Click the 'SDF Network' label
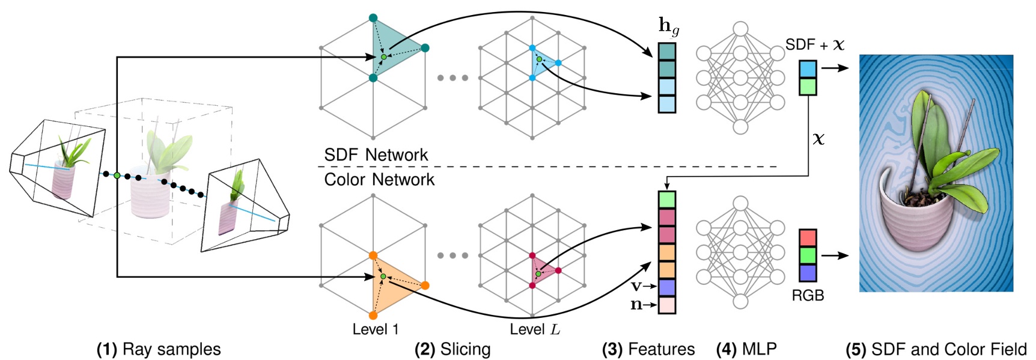coord(376,154)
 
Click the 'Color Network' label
coord(379,179)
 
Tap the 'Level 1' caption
coord(375,329)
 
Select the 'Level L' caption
coord(534,329)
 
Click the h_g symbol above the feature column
coord(668,26)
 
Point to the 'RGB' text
coord(808,296)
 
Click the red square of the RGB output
coord(808,237)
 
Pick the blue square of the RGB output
coord(808,272)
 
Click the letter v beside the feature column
coord(636,286)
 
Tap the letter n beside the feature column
coord(636,305)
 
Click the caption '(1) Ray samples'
coord(159,349)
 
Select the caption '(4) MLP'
coord(746,349)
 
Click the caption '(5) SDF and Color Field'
coord(936,349)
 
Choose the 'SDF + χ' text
coord(815,44)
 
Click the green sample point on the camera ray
coord(117,175)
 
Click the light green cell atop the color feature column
coord(667,200)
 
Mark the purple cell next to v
coord(667,287)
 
